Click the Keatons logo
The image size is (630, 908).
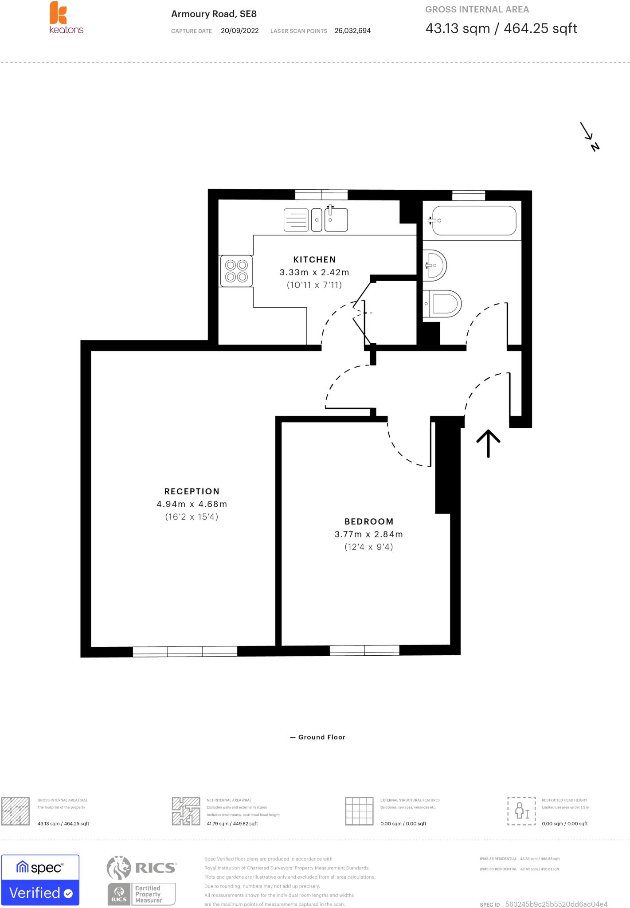(x=66, y=18)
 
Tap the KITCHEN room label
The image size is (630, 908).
(x=314, y=259)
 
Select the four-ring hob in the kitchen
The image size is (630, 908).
(x=236, y=270)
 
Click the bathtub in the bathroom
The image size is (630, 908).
(x=473, y=220)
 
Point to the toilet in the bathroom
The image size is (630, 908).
(x=442, y=304)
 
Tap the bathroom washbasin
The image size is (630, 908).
(x=434, y=266)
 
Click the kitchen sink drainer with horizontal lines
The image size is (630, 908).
(x=296, y=220)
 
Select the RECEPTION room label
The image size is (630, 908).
(x=192, y=491)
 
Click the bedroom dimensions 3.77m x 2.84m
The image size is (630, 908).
(x=368, y=534)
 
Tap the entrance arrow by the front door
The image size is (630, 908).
(x=488, y=442)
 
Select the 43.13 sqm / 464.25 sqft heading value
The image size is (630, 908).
(x=501, y=29)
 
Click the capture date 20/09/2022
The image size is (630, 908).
(x=239, y=31)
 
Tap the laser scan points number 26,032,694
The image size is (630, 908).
(x=352, y=31)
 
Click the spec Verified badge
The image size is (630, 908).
(x=40, y=880)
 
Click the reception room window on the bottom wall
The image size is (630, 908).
(x=185, y=651)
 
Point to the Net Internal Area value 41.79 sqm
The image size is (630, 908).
(x=232, y=823)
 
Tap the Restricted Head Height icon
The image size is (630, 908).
(x=521, y=810)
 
